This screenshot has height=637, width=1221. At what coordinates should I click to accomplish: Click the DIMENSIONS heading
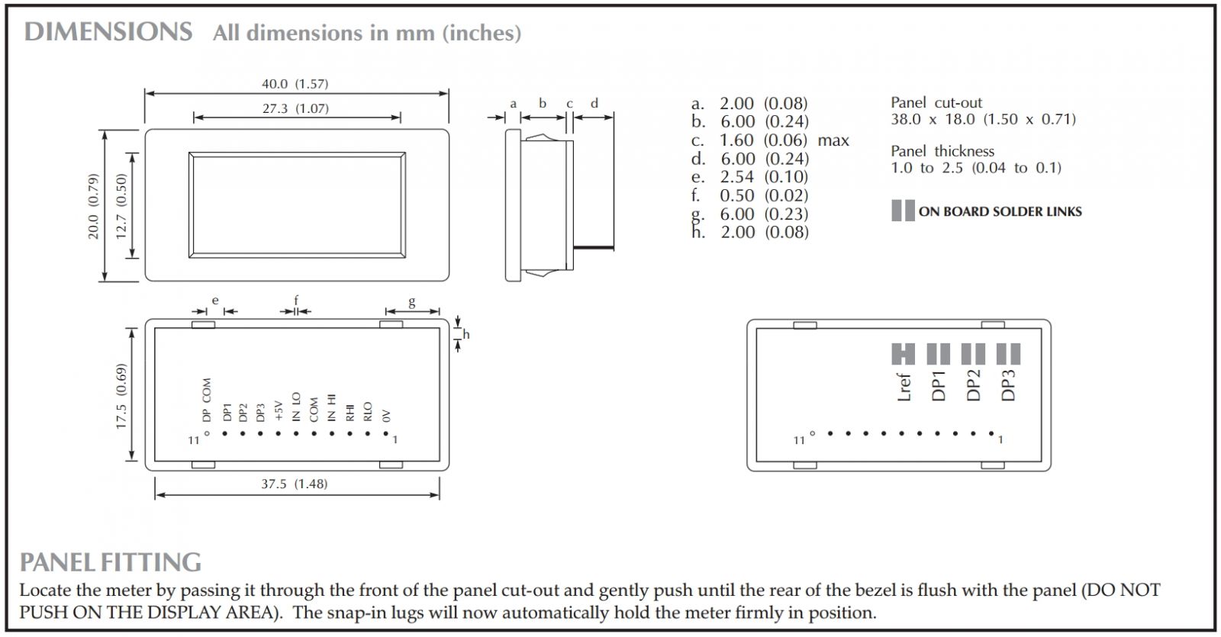[108, 32]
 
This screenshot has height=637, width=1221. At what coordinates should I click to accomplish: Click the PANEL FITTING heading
[111, 562]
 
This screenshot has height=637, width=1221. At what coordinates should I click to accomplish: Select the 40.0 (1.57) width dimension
[295, 84]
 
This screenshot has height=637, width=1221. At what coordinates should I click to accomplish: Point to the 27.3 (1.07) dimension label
[295, 108]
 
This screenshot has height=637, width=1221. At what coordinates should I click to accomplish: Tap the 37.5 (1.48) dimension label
[295, 484]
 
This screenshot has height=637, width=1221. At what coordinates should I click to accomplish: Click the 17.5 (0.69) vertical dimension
[121, 396]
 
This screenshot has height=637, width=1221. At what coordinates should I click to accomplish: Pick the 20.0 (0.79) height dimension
[93, 206]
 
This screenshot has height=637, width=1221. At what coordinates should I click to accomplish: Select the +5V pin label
[279, 410]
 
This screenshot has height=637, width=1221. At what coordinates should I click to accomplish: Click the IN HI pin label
[331, 407]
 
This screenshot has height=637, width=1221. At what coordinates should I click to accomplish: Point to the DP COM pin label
[207, 400]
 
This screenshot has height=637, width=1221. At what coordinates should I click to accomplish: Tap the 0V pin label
[386, 416]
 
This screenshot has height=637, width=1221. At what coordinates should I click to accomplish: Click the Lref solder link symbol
[903, 354]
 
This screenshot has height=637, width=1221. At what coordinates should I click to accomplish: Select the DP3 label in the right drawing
[1008, 385]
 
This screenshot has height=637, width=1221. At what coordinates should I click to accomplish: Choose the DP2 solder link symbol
[973, 354]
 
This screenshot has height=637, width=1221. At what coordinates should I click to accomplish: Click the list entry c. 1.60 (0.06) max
[769, 140]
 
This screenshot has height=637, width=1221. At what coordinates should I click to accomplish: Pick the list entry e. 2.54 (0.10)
[749, 177]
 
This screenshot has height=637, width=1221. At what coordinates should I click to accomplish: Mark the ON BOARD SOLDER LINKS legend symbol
[903, 211]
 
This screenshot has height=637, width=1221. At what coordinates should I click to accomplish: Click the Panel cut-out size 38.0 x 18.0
[983, 119]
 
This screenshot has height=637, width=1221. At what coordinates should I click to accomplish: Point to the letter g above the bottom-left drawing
[412, 301]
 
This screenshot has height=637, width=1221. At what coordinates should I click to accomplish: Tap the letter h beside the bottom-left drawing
[466, 334]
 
